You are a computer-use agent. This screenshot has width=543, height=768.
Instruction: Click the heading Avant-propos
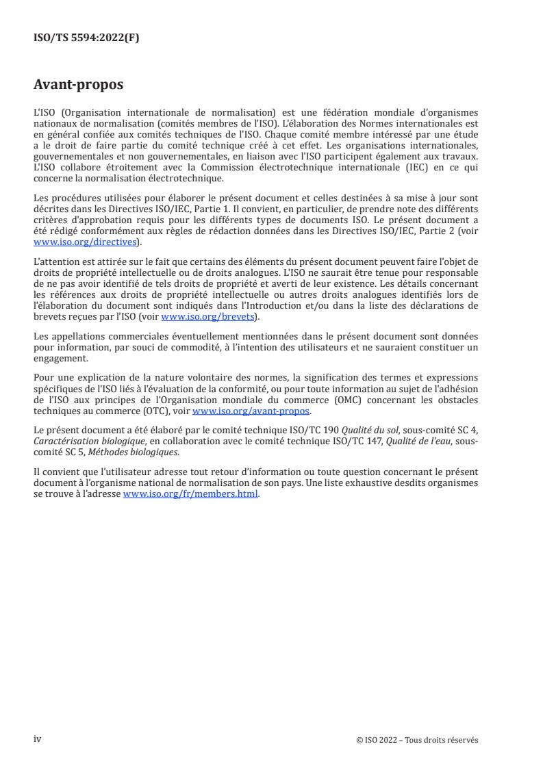click(78, 86)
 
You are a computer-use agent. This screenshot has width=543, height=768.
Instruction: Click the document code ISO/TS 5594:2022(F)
click(86, 38)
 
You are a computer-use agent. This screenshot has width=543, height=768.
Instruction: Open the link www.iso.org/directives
click(86, 242)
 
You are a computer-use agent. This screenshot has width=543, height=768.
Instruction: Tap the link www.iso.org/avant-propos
click(251, 411)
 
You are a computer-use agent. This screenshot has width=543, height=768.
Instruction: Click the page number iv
click(38, 739)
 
